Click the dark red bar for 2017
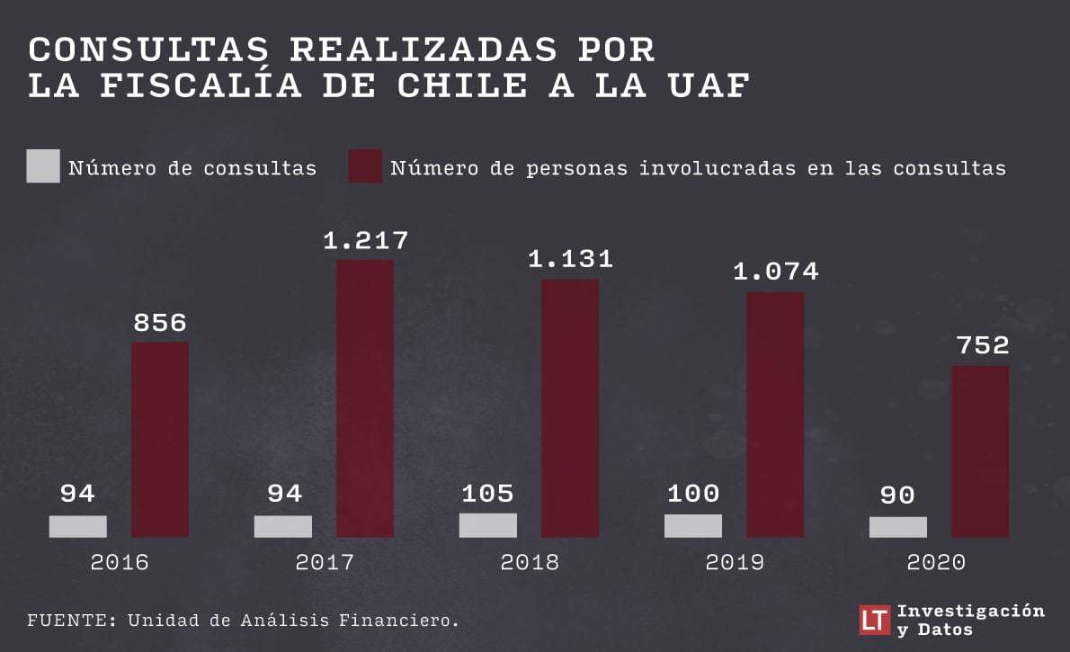(365, 398)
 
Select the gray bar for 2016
(78, 526)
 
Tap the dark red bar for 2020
(981, 451)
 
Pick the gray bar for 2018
(488, 525)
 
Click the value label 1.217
(366, 240)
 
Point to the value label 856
(160, 322)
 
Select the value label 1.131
(571, 259)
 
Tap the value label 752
(983, 344)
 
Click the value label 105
(488, 494)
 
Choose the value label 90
(897, 495)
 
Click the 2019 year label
(735, 562)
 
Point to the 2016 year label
(120, 562)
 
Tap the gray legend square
(43, 165)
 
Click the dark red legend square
(365, 165)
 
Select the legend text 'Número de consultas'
(192, 168)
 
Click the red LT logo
(874, 620)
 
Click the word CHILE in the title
(463, 86)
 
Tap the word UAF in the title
(709, 86)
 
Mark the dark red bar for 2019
(775, 415)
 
